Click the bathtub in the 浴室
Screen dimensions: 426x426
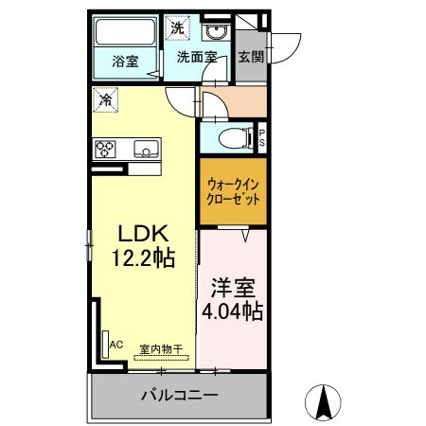pyautogui.click(x=125, y=32)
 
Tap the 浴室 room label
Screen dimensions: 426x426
pyautogui.click(x=125, y=62)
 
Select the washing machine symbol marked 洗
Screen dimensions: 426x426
pyautogui.click(x=177, y=28)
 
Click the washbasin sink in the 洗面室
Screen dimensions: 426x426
pyautogui.click(x=216, y=32)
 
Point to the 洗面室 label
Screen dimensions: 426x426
pyautogui.click(x=197, y=57)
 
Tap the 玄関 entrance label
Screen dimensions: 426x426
pyautogui.click(x=251, y=57)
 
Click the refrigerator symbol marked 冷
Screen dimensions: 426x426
pyautogui.click(x=105, y=100)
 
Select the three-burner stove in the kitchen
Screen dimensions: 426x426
pyautogui.click(x=105, y=149)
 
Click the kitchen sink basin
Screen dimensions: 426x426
pyautogui.click(x=146, y=149)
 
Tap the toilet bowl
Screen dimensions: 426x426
pyautogui.click(x=235, y=138)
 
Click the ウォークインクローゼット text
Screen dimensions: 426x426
pyautogui.click(x=233, y=192)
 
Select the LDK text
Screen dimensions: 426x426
pyautogui.click(x=142, y=234)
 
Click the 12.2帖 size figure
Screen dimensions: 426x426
pyautogui.click(x=144, y=258)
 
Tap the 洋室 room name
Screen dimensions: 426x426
pyautogui.click(x=233, y=288)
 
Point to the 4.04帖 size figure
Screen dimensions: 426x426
pyautogui.click(x=233, y=311)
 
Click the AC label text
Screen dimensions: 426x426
pyautogui.click(x=116, y=345)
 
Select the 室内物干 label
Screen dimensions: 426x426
pyautogui.click(x=161, y=349)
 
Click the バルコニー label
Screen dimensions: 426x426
pyautogui.click(x=179, y=395)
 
